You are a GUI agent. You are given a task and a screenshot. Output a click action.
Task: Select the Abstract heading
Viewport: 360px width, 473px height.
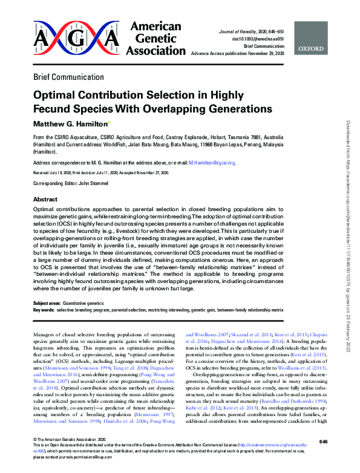45,199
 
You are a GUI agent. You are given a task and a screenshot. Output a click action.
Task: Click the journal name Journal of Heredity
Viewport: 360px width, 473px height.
247,30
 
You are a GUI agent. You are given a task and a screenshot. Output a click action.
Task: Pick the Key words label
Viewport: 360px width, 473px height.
43,310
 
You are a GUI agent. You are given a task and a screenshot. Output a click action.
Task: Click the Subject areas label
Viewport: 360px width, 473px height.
47,302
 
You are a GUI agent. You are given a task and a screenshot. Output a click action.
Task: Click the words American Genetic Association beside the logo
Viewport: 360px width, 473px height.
153,39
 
